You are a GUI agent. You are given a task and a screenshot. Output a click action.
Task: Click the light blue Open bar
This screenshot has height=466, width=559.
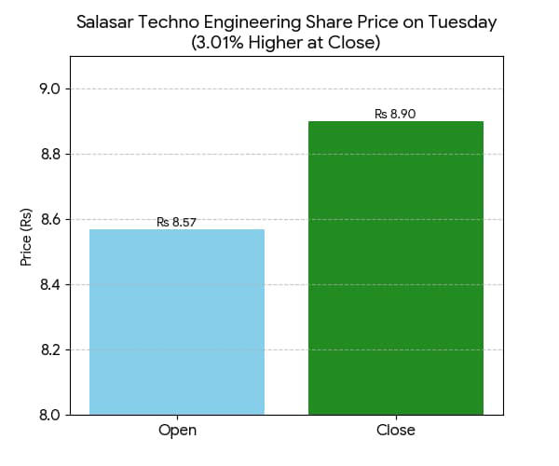click(177, 322)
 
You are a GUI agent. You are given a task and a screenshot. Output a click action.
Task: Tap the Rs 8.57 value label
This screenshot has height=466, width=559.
click(176, 222)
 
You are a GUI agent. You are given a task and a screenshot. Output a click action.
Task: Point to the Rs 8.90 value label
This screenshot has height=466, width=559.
click(395, 114)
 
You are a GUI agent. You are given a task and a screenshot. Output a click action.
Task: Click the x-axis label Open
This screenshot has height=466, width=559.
click(177, 431)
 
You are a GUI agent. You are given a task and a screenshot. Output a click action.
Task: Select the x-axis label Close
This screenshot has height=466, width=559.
click(396, 431)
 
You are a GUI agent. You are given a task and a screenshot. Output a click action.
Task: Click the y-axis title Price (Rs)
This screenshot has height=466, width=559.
click(26, 237)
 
